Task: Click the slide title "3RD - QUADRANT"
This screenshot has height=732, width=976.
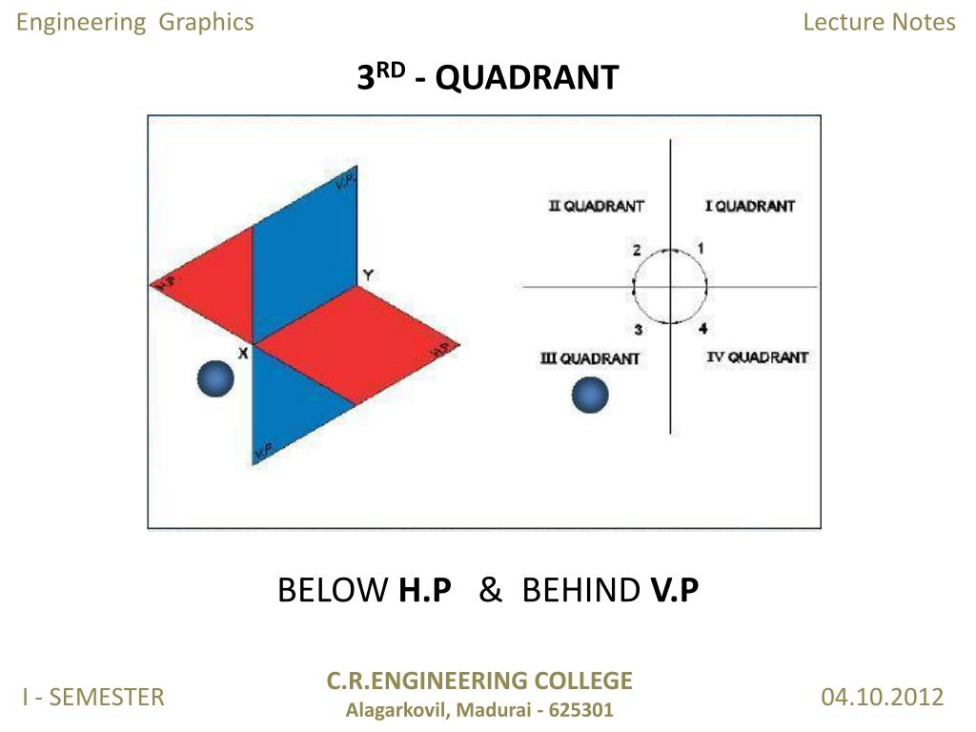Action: click(x=487, y=77)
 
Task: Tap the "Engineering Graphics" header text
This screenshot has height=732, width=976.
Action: click(x=135, y=22)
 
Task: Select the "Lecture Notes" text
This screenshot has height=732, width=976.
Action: click(x=879, y=22)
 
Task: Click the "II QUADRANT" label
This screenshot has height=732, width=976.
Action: click(x=597, y=206)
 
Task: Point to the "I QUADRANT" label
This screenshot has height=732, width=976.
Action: click(x=749, y=206)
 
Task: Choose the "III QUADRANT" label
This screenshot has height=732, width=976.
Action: click(x=589, y=358)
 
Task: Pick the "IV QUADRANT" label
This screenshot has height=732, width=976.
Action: click(x=757, y=357)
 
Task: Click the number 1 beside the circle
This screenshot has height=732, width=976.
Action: click(x=701, y=248)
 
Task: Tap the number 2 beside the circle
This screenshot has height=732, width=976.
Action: click(x=637, y=251)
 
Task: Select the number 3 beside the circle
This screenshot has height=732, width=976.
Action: click(x=639, y=330)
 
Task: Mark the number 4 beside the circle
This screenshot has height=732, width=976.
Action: click(x=702, y=329)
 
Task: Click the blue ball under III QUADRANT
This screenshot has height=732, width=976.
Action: click(x=590, y=395)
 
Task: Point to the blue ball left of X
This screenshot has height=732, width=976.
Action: click(x=215, y=379)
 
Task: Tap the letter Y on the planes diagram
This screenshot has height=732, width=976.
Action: click(x=367, y=275)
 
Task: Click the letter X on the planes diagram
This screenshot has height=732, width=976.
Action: click(x=243, y=353)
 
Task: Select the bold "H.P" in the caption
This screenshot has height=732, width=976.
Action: click(x=425, y=591)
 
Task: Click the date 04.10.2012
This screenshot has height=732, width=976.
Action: click(x=882, y=697)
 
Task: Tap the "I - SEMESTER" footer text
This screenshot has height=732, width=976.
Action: click(x=94, y=697)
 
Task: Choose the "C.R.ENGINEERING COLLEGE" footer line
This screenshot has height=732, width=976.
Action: click(x=479, y=681)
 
